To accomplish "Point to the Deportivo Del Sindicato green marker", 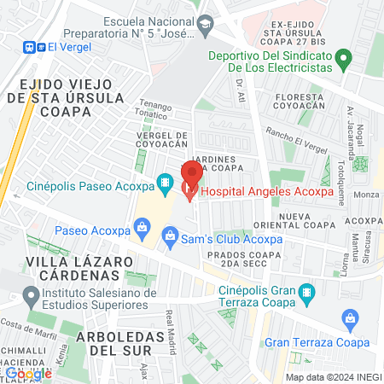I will (343, 60).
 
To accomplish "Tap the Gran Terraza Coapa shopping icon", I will (348, 321).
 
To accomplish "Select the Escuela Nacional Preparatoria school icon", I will (205, 28).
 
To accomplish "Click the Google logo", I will (28, 373).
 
